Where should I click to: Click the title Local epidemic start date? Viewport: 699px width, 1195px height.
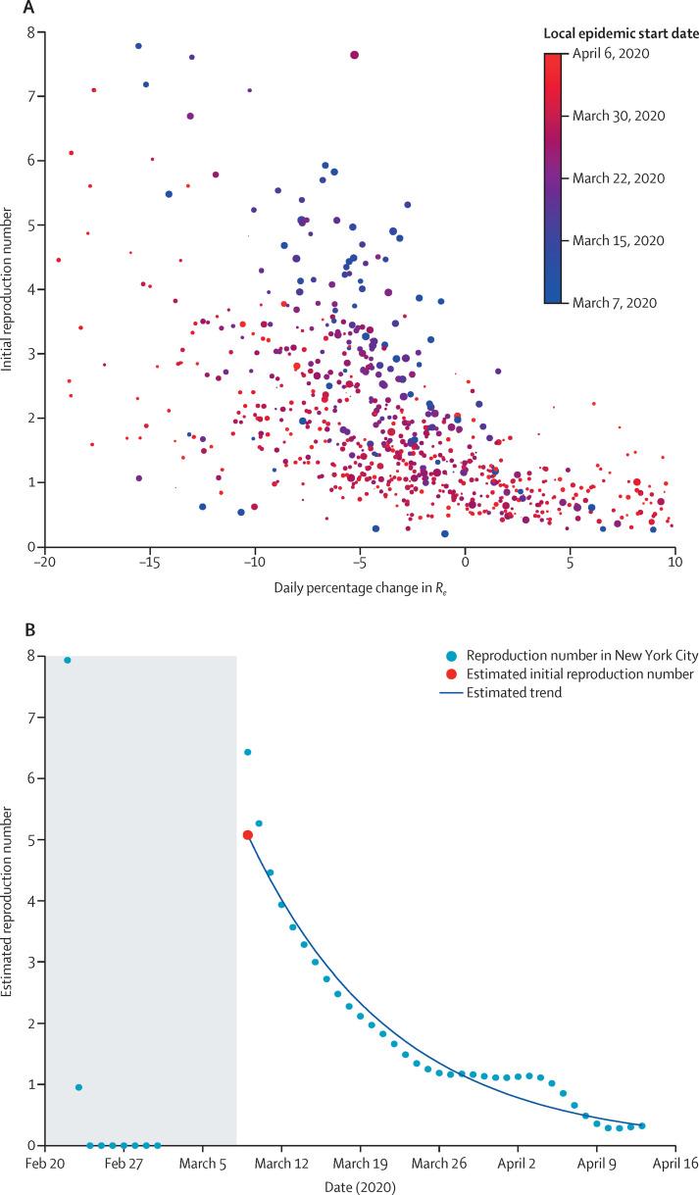(621, 33)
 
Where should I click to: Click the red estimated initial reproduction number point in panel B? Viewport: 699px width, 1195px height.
(247, 835)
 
